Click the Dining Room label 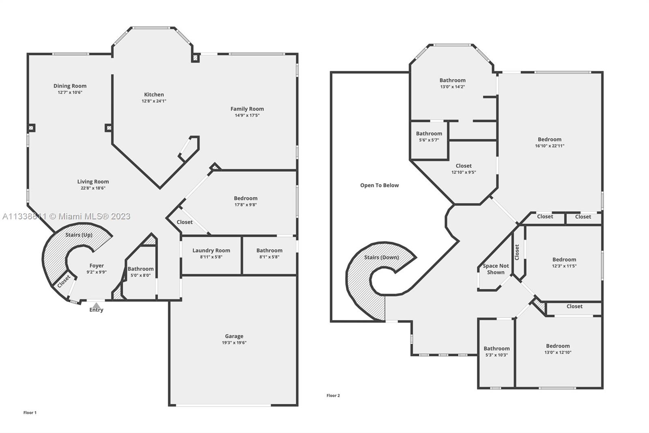coord(70,86)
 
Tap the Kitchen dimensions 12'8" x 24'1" coord(154,101)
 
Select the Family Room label coord(247,109)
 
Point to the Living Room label coord(93,182)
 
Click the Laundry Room coord(211,256)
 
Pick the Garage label coord(234,336)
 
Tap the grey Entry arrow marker coord(96,305)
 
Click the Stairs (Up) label coord(79,235)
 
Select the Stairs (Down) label coord(382,258)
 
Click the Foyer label coord(97,266)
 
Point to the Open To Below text coord(380,186)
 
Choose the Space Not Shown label coord(496,269)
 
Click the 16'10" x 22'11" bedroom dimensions coord(550,146)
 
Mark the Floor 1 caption coord(30,413)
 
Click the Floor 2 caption coord(333,396)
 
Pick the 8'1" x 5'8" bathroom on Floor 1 coord(269,256)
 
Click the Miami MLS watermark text coord(67,216)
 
